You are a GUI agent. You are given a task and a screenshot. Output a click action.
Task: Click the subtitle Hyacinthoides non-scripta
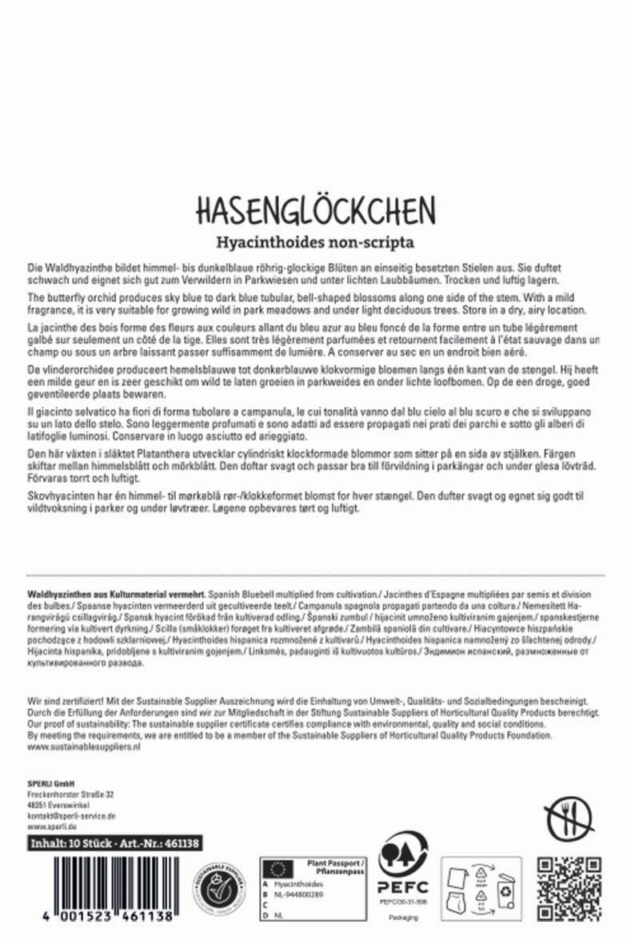315,241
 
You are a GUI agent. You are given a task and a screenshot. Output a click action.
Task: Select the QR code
568,884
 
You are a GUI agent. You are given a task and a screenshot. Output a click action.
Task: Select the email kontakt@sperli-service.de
72,815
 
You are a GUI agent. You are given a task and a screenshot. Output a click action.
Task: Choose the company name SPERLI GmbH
50,783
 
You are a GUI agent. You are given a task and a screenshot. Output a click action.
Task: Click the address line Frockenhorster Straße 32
70,795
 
